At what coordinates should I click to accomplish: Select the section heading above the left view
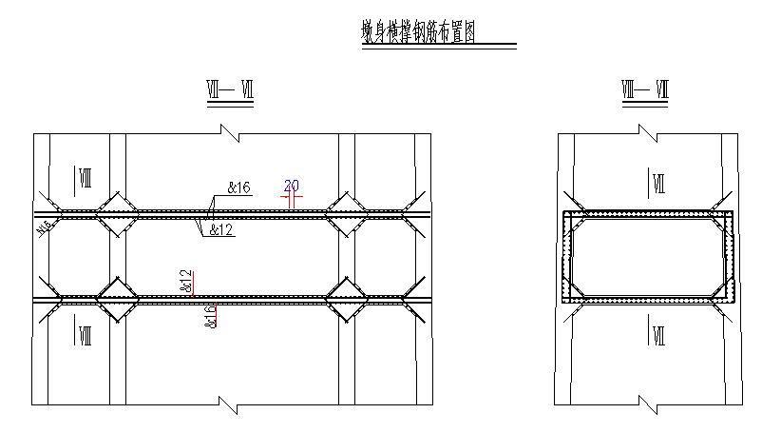(230, 91)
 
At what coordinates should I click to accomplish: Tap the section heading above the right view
(646, 91)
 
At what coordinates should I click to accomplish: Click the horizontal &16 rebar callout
(238, 188)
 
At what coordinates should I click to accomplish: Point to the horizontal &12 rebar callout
(220, 229)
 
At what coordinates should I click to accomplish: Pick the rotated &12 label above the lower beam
(187, 282)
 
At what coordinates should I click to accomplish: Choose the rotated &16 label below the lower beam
(211, 316)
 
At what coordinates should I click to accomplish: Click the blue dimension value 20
(292, 185)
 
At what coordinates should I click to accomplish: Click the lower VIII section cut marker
(83, 334)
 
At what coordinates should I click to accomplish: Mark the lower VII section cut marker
(657, 334)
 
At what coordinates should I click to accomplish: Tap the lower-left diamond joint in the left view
(117, 299)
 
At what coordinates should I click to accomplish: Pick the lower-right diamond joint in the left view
(343, 299)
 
